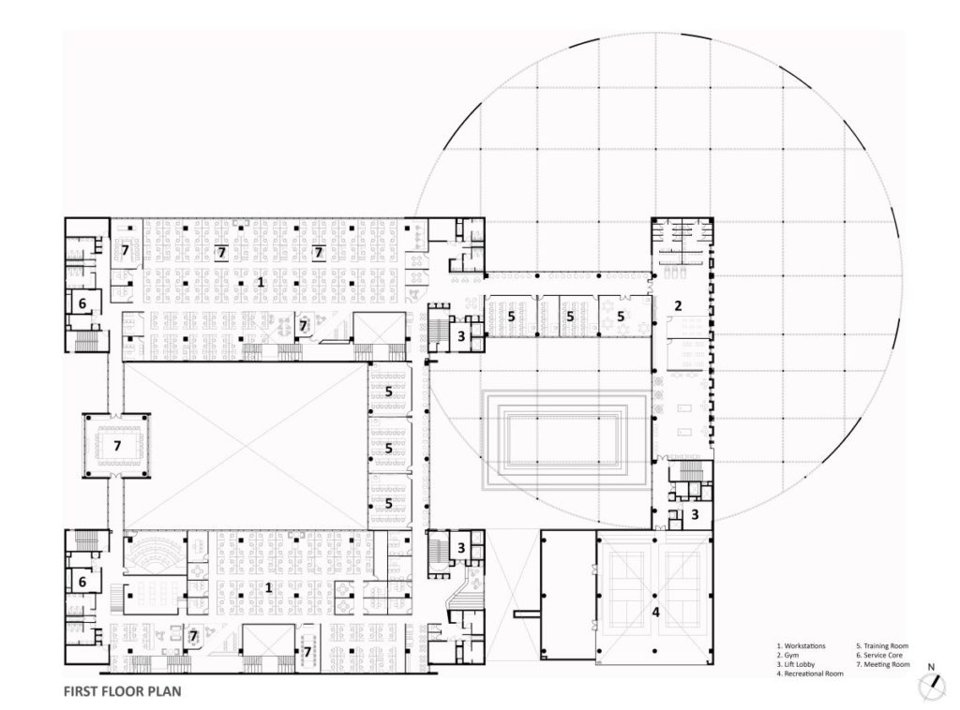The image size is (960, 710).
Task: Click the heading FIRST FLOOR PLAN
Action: [x=121, y=694]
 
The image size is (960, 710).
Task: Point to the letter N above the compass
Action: [x=931, y=668]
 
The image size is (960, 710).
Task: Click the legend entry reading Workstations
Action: [x=803, y=646]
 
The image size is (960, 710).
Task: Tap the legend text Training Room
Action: [x=882, y=646]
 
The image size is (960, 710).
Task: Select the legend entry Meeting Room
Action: [x=882, y=664]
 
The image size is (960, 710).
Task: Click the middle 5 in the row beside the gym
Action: [x=568, y=317]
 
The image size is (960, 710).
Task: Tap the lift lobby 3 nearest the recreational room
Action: [x=695, y=514]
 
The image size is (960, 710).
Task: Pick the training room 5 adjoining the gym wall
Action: [x=620, y=317]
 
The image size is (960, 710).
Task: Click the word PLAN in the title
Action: [x=160, y=694]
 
